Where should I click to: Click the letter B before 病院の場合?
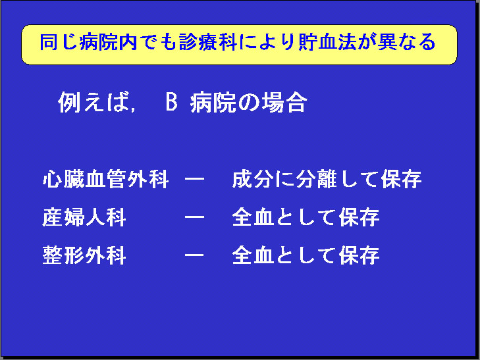click(x=171, y=102)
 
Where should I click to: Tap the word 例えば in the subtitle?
click(x=93, y=102)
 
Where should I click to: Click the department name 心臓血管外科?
click(x=105, y=179)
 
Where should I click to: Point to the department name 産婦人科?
click(x=84, y=217)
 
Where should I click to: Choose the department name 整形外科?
click(x=84, y=255)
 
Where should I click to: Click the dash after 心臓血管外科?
click(x=194, y=179)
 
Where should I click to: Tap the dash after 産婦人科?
click(x=194, y=217)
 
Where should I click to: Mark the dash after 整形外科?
click(x=194, y=255)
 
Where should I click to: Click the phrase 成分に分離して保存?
click(x=327, y=179)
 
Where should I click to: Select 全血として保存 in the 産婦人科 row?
click(x=306, y=217)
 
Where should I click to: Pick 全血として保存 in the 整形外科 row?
click(x=306, y=255)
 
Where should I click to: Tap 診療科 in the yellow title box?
click(x=208, y=42)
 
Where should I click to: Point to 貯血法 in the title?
click(x=327, y=42)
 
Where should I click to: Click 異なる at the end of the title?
click(x=406, y=42)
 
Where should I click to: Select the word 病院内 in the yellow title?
click(x=108, y=42)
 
